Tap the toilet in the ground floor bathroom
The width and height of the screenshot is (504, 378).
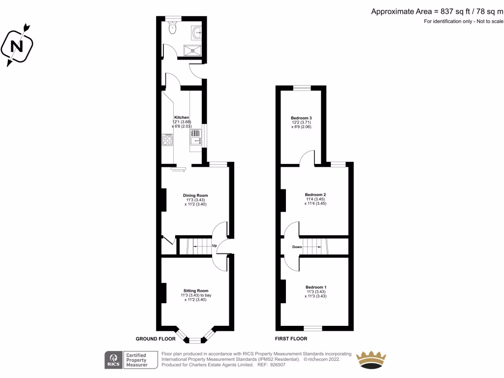pos(172,29)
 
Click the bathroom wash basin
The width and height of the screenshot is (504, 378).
pos(198,32)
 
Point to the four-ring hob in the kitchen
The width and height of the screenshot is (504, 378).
pos(167,140)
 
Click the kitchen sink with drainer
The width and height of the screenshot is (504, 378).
pos(195,137)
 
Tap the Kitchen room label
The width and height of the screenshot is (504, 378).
pos(182,117)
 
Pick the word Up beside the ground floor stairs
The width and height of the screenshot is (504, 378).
pos(215,245)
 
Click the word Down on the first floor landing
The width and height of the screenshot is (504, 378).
pos(297,247)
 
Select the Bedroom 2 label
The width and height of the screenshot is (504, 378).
pos(315,194)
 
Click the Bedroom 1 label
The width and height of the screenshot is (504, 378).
pos(315,287)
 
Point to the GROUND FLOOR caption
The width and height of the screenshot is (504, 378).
pos(156,339)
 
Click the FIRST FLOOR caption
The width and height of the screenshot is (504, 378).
pos(291,339)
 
